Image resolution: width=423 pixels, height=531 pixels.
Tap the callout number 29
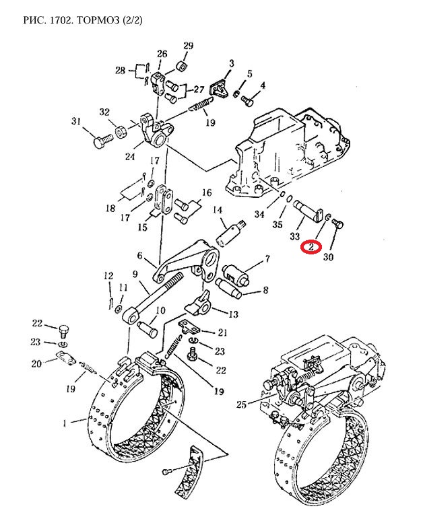click(188, 46)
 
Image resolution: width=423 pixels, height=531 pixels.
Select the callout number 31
click(76, 121)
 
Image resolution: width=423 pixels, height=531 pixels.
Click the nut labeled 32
click(121, 131)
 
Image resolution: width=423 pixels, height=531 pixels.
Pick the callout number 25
click(241, 404)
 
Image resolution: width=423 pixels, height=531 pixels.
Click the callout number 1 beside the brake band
click(65, 423)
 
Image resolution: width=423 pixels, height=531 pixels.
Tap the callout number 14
click(218, 210)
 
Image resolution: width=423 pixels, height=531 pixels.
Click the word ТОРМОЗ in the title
click(98, 20)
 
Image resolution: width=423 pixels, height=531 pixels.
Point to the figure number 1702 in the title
click(62, 20)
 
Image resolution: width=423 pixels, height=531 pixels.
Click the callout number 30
click(328, 257)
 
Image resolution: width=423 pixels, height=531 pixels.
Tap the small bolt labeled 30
click(338, 224)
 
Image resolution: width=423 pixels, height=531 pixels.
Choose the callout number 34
click(259, 214)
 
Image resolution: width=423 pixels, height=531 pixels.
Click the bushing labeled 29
click(182, 66)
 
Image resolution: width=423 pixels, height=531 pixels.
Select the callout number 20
click(36, 363)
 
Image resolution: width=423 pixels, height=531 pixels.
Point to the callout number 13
click(234, 314)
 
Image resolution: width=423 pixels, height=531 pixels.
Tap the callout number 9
click(135, 274)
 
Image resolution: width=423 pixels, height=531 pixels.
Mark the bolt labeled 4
click(247, 100)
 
